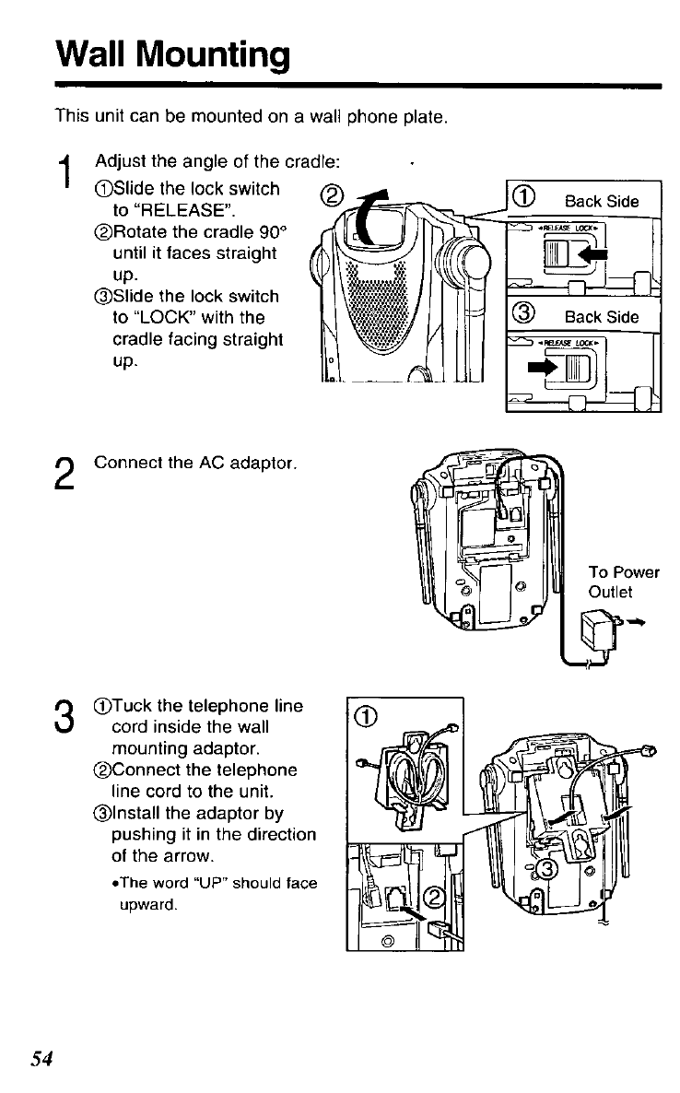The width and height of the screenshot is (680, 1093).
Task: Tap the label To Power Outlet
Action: click(x=624, y=582)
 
